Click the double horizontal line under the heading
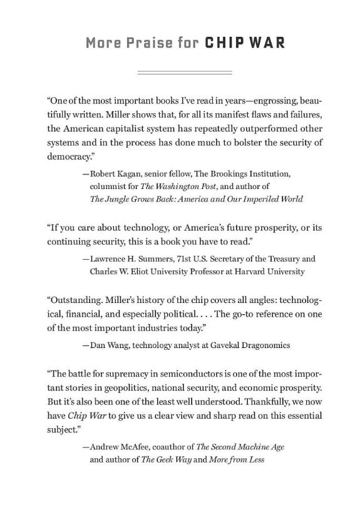coord(180,74)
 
